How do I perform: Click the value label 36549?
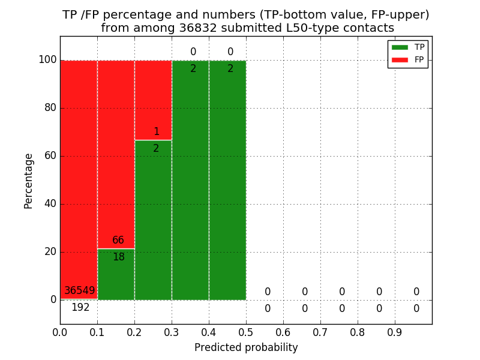tap(80, 291)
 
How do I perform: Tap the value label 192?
tap(80, 308)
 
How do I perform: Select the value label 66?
tap(118, 241)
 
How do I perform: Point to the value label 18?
tap(119, 257)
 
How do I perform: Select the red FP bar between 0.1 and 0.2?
tap(116, 150)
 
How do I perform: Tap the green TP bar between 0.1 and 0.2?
tap(116, 279)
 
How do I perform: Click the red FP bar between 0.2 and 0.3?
tap(153, 96)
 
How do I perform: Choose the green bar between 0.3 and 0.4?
tap(190, 180)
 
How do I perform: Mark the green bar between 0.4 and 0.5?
tap(227, 180)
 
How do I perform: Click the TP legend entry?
tap(408, 47)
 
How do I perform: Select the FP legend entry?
tap(408, 59)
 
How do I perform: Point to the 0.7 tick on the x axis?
tap(320, 332)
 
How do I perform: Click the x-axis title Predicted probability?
tap(246, 347)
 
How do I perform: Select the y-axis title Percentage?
tap(28, 181)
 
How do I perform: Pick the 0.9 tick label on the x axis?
tap(395, 332)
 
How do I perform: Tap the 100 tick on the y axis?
tap(47, 60)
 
